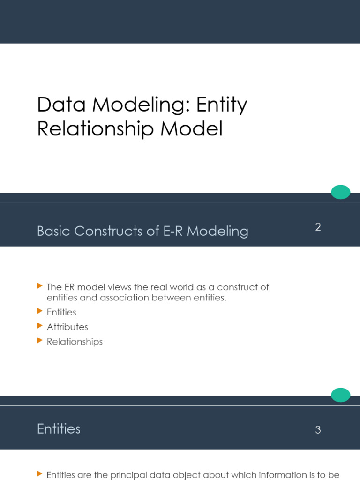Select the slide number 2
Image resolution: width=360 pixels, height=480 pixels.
(318, 227)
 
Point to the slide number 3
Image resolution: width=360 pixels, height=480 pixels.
(318, 430)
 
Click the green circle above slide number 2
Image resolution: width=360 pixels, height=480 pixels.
(341, 192)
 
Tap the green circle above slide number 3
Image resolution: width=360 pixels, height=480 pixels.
(341, 395)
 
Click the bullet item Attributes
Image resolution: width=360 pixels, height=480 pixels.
(67, 327)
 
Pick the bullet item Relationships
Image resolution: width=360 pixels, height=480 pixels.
(75, 342)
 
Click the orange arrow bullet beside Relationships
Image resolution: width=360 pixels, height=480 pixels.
(39, 341)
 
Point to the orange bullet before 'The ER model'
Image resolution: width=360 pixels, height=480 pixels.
(39, 285)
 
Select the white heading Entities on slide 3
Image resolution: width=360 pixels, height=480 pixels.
(59, 429)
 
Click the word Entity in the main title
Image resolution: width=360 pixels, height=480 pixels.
(222, 105)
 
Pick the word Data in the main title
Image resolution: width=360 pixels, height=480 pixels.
(61, 105)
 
